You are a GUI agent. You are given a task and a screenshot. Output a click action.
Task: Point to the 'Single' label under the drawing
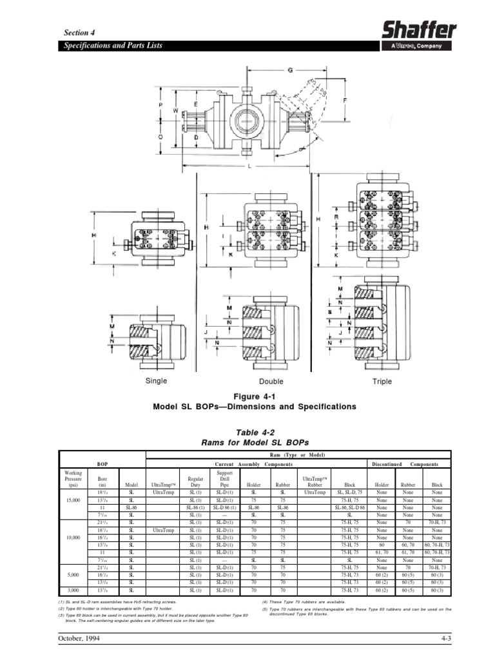click(x=155, y=380)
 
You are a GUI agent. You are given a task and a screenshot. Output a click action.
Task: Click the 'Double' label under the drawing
click(x=271, y=381)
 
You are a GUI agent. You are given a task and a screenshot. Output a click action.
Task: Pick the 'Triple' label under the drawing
click(x=382, y=381)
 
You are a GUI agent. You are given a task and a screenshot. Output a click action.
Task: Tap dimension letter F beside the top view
click(x=345, y=101)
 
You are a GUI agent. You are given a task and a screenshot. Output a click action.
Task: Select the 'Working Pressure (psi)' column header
click(x=73, y=480)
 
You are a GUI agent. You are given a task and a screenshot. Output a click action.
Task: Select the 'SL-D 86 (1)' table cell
click(x=224, y=507)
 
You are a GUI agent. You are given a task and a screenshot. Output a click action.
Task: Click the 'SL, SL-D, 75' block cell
click(x=349, y=492)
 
